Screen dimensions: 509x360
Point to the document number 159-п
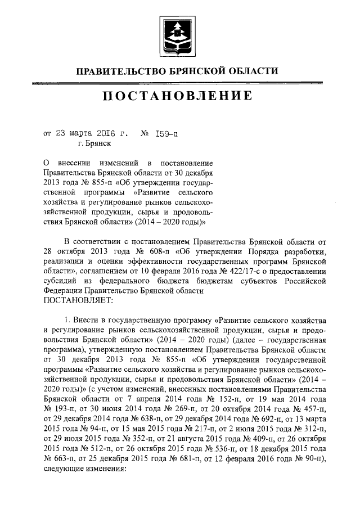(x=167, y=134)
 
